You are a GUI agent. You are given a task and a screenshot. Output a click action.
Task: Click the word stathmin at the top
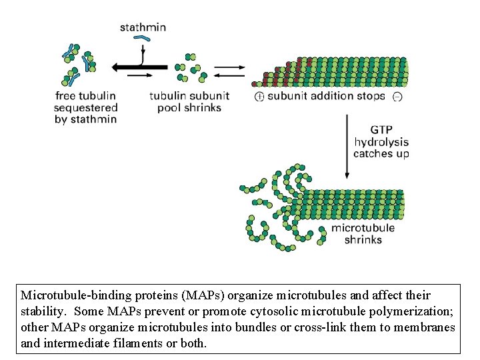[143, 27]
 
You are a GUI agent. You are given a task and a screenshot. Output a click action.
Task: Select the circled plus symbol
[259, 97]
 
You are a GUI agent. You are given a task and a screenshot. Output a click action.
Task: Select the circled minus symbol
[397, 97]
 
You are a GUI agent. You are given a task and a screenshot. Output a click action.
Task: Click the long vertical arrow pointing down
[347, 147]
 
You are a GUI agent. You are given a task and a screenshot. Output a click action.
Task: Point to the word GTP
[381, 130]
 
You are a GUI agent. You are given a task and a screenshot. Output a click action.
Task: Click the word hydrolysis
[381, 142]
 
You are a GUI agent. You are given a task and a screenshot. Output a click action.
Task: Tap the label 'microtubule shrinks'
[363, 233]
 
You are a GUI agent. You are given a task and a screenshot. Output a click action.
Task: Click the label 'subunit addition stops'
[326, 96]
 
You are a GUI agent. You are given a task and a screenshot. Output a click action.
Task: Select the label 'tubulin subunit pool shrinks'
[189, 101]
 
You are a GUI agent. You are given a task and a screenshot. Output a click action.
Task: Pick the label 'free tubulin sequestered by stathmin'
[86, 107]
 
